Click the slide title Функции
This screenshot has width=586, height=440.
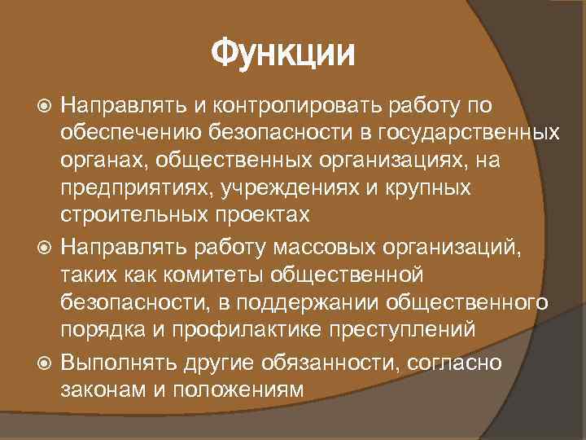tap(283, 55)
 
